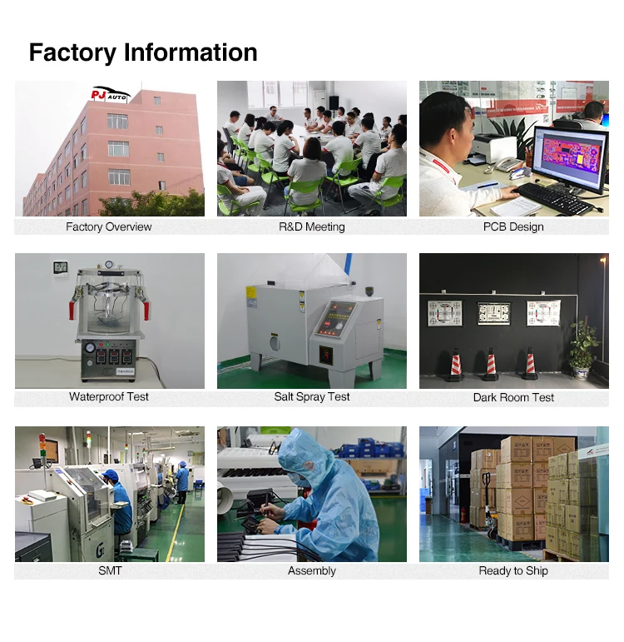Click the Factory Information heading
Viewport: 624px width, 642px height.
(x=143, y=52)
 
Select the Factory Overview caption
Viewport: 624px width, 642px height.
(x=109, y=226)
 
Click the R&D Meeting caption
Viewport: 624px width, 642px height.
(x=312, y=226)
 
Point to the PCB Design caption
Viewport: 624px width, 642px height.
(x=513, y=226)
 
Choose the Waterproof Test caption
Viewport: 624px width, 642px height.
(x=109, y=397)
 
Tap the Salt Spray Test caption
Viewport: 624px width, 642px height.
(x=312, y=397)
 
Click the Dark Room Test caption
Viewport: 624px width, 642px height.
(x=513, y=397)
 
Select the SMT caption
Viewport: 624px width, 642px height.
(x=109, y=570)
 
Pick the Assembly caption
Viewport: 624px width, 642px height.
(x=312, y=570)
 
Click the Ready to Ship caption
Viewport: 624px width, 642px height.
(x=513, y=570)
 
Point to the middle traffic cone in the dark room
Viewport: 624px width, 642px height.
(x=491, y=365)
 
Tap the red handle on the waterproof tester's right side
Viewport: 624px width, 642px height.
(x=146, y=309)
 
